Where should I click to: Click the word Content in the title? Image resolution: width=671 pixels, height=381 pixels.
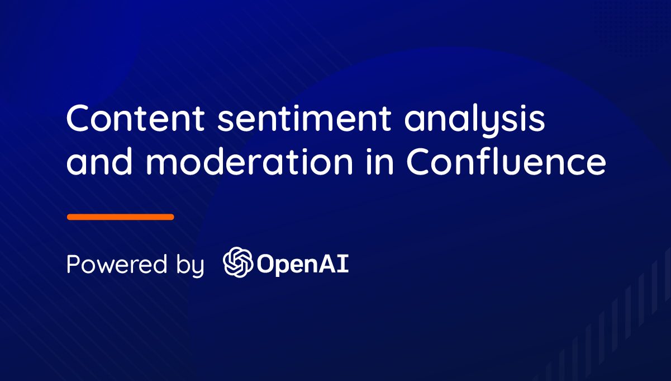[x=135, y=117]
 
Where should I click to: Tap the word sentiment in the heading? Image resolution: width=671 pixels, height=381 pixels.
[x=304, y=118]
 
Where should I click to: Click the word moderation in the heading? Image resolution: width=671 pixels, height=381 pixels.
[x=249, y=161]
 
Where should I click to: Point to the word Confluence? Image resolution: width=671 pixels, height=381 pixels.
[x=506, y=161]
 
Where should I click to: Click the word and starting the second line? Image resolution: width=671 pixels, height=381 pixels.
[x=99, y=161]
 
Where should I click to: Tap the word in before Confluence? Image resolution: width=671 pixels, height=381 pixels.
[x=380, y=161]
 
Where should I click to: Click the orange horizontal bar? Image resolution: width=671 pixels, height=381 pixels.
[x=121, y=217]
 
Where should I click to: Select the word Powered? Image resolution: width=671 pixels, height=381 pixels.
[x=117, y=264]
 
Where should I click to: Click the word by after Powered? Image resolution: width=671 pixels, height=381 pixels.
[x=190, y=266]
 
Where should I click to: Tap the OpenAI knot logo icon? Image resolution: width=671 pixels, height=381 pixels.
[x=238, y=262]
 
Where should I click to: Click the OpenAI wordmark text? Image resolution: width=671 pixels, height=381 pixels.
[x=303, y=265]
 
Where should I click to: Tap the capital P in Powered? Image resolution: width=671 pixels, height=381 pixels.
[x=73, y=264]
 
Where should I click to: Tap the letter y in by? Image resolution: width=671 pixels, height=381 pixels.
[x=197, y=269]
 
